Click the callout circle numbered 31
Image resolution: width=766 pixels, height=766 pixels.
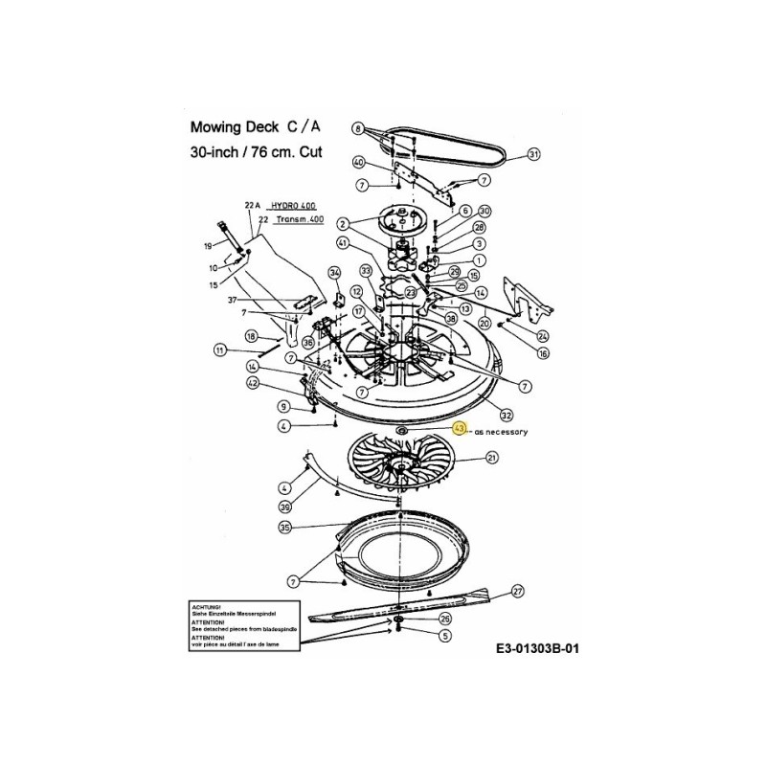(x=534, y=153)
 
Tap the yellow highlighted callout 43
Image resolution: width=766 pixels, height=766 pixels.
(x=461, y=430)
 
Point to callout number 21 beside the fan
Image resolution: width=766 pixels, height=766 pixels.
(x=492, y=460)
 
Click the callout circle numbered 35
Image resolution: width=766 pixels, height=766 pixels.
(x=284, y=528)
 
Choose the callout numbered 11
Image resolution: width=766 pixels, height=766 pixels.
(x=219, y=350)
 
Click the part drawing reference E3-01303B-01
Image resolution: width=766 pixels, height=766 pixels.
(x=538, y=648)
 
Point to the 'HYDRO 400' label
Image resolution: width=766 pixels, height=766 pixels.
(x=292, y=206)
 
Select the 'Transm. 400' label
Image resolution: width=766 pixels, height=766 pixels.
(x=299, y=219)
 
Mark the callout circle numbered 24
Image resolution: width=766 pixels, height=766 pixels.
(x=543, y=335)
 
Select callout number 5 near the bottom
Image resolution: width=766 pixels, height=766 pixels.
(x=444, y=635)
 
